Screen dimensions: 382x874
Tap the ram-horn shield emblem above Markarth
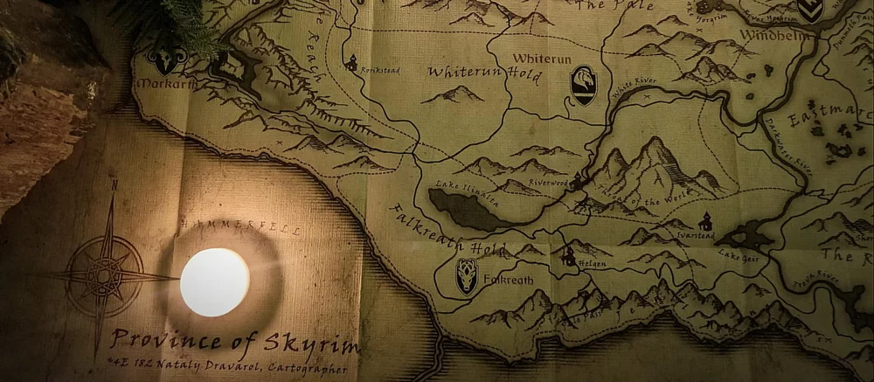click(x=166, y=59)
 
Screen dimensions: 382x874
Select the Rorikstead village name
click(x=380, y=70)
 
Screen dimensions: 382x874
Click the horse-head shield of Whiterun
click(x=583, y=85)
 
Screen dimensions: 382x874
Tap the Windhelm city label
click(x=770, y=35)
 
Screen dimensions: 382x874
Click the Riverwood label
click(x=547, y=183)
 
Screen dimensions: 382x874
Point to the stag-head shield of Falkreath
click(x=467, y=275)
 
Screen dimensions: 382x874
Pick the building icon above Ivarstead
click(x=705, y=222)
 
